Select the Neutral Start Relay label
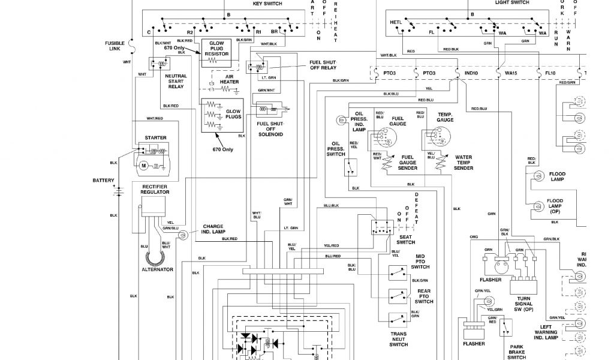[x=176, y=82]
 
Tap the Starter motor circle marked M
[x=144, y=164]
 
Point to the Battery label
[x=103, y=181]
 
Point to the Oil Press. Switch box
[x=352, y=167]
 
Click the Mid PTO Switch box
[x=396, y=274]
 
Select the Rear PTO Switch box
[x=396, y=296]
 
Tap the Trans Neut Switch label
[x=399, y=339]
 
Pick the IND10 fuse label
[x=471, y=73]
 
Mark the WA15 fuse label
[x=511, y=73]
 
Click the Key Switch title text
[x=267, y=4]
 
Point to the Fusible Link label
[x=115, y=46]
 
